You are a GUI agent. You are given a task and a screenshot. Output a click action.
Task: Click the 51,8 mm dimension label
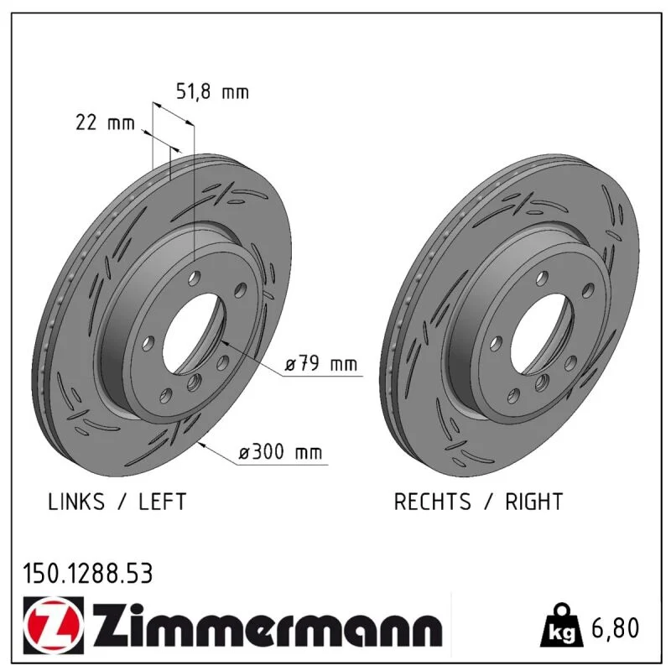click(212, 92)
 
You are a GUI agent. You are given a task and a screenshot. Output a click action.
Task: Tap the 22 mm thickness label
click(105, 122)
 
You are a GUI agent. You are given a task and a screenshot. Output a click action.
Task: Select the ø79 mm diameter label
click(321, 364)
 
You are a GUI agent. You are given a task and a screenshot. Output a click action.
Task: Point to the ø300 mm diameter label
click(280, 451)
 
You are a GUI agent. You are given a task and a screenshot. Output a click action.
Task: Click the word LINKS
click(76, 502)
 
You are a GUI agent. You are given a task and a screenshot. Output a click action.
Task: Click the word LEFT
click(162, 502)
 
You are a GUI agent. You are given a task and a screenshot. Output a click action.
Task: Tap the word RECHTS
click(432, 502)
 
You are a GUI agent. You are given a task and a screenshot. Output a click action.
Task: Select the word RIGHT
click(533, 502)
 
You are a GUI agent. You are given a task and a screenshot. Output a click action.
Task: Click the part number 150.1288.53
click(88, 574)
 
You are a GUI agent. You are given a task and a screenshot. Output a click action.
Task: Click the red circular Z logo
click(54, 625)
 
